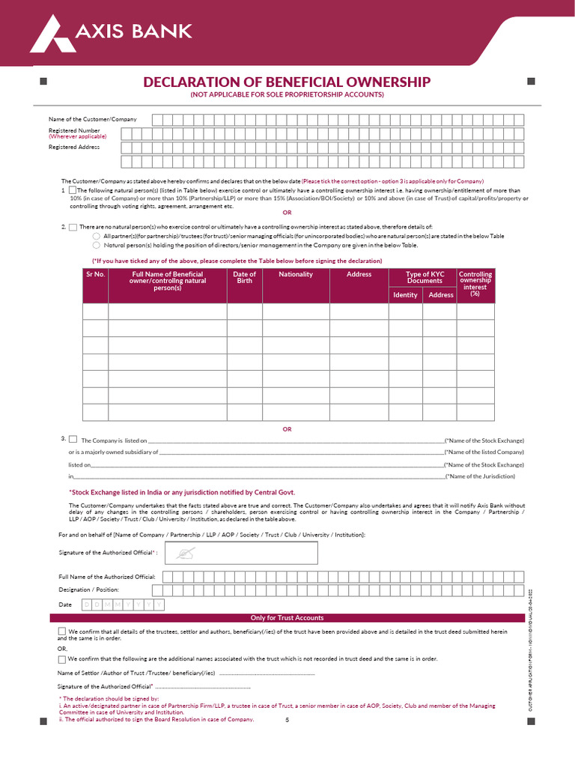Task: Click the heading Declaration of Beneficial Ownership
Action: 287,82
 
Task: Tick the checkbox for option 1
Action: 73,190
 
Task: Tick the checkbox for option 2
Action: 73,227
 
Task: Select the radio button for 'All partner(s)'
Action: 96,236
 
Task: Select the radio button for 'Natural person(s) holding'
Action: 96,245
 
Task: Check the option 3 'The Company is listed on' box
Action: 73,440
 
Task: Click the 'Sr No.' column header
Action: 95,274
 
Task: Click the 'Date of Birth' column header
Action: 244,277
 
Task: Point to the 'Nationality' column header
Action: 296,274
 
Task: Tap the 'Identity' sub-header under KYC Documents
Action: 405,294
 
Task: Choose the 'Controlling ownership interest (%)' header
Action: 475,284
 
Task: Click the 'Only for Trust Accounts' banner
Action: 287,618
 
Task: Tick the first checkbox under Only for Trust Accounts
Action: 61,632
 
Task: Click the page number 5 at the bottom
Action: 287,720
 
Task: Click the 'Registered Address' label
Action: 74,147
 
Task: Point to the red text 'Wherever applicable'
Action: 78,137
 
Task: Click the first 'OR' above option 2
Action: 287,213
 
